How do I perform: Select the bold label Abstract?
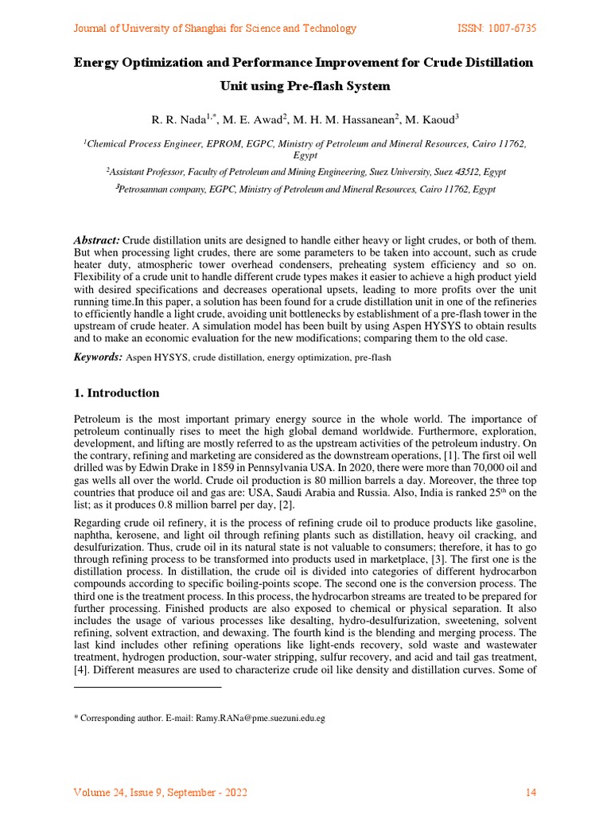97,240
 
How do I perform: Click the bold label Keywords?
98,358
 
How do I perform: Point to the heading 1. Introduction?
116,393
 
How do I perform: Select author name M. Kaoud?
430,120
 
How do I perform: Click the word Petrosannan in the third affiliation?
144,190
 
